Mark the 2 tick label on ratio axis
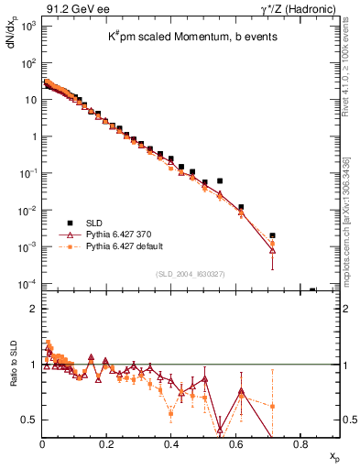pyautogui.click(x=32, y=309)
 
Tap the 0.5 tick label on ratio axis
pyautogui.click(x=28, y=420)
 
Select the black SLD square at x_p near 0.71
pyautogui.click(x=272, y=235)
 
